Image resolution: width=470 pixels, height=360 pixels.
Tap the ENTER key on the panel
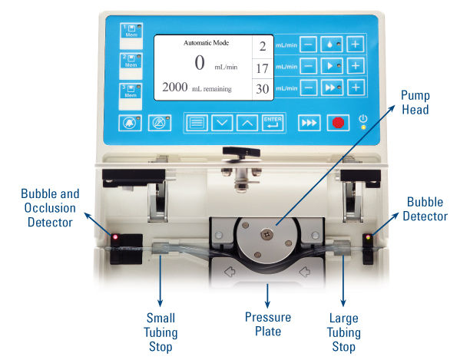tap(273, 123)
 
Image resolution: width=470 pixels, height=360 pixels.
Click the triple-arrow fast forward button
tap(309, 123)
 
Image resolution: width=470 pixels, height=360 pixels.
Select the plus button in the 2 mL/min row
tap(356, 45)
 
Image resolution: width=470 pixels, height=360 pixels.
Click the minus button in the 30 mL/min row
tap(309, 88)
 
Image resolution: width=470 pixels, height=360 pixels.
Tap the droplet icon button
tap(332, 45)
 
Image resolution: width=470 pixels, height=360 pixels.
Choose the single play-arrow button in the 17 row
tap(332, 65)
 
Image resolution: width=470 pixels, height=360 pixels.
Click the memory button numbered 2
tap(131, 61)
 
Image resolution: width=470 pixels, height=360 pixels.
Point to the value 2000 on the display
tap(175, 88)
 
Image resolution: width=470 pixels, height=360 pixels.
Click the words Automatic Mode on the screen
tap(207, 43)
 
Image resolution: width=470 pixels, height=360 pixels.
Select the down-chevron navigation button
tap(222, 123)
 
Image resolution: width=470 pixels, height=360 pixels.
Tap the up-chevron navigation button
tap(247, 123)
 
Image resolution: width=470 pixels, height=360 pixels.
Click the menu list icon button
tap(197, 123)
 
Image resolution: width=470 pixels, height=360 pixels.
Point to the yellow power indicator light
tap(363, 127)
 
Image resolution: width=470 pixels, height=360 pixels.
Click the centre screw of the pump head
tap(266, 235)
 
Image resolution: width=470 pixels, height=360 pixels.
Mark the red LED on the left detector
tap(115, 237)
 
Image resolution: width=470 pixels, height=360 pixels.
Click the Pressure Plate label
tap(268, 325)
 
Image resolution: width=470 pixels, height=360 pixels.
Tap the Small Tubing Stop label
tap(161, 332)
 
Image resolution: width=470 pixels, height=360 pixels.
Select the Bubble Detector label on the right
tap(425, 209)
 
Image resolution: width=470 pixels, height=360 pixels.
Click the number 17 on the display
tap(263, 68)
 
